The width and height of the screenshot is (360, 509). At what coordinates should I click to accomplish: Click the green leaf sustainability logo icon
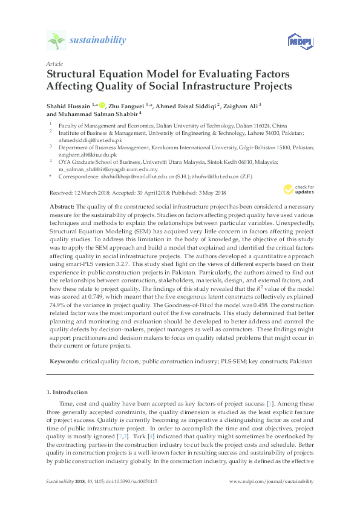coord(56,41)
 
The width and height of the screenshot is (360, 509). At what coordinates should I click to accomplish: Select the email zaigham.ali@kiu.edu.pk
coord(87,154)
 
